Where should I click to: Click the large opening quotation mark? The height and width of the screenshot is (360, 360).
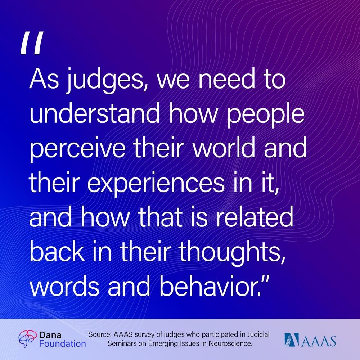coord(32,43)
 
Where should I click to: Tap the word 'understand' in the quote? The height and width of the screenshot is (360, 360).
coord(95,113)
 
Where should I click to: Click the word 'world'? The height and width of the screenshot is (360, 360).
coord(224,147)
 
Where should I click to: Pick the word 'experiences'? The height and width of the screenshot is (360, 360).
coord(156,184)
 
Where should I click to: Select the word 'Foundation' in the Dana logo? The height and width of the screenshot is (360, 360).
coord(62,344)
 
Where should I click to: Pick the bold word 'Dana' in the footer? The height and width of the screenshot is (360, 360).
coord(50,335)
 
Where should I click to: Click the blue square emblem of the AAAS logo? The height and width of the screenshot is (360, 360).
coord(292,340)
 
